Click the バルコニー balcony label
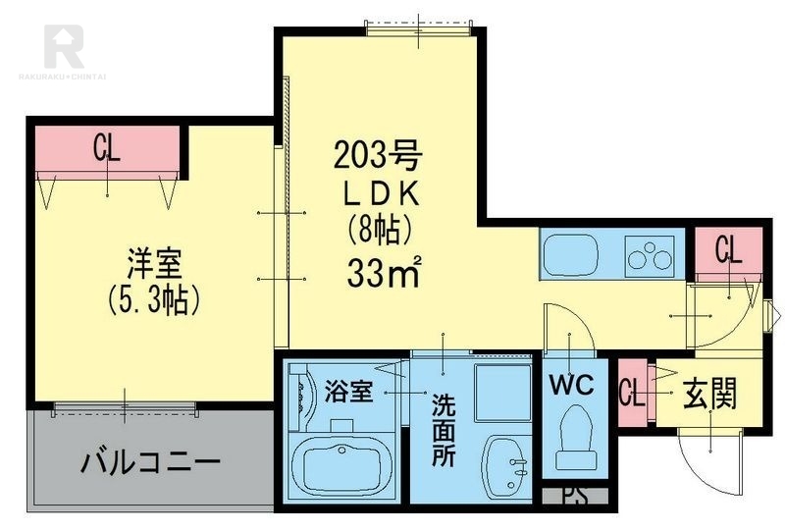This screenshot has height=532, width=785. (150, 461)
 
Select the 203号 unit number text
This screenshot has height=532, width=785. (378, 155)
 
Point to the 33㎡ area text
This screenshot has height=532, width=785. (384, 273)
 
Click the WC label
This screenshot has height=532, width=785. (572, 385)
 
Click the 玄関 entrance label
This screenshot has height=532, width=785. (709, 395)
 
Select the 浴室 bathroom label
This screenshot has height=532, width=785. (348, 392)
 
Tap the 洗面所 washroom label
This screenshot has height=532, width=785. (444, 430)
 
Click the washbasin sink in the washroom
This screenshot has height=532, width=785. (505, 463)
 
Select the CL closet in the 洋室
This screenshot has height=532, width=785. (108, 148)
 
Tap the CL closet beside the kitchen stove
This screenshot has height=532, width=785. (728, 250)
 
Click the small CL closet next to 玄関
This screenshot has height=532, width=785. (632, 393)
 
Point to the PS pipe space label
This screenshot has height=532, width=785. (575, 496)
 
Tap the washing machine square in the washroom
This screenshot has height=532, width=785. (502, 393)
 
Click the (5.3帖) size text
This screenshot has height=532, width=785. (154, 299)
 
